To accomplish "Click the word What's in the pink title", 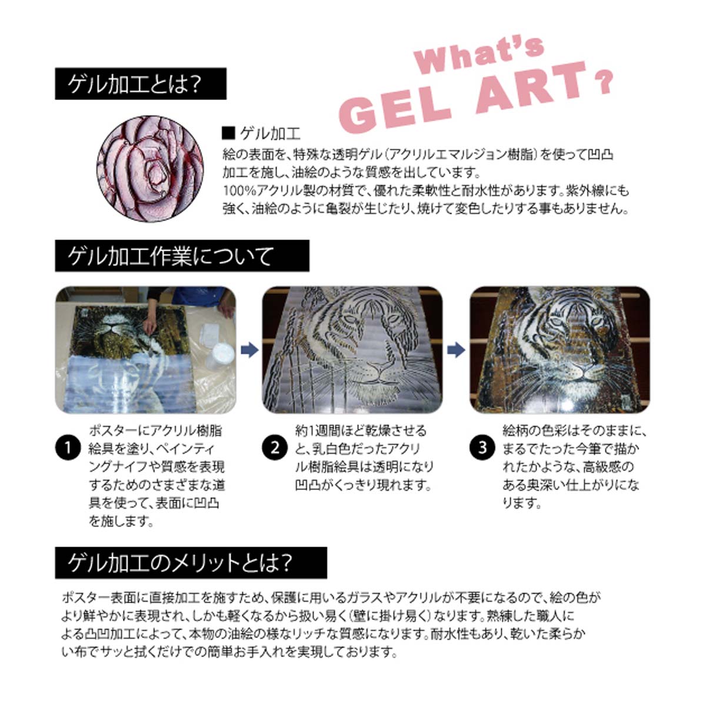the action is (479, 55).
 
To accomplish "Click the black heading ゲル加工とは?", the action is (141, 84).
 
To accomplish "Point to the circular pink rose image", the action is (150, 168).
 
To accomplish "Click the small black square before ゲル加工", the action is (228, 134).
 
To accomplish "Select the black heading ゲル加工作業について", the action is (182, 256).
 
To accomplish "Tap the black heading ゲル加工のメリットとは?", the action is (191, 563).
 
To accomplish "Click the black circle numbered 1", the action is (68, 448).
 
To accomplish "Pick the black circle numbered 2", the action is (274, 448).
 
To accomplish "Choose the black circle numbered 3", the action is (482, 448).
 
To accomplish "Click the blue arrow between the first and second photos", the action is (249, 350).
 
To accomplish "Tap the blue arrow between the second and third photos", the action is (456, 350).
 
